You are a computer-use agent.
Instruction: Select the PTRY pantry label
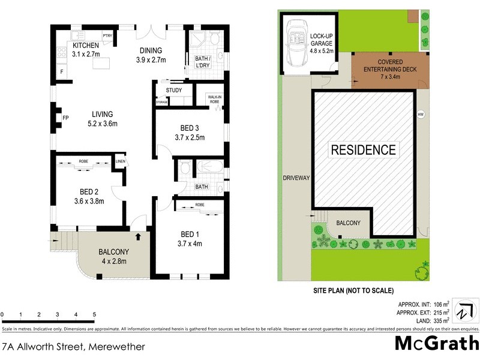[x=108, y=36]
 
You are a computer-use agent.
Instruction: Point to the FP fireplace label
[x=65, y=118]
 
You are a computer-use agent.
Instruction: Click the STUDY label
[x=174, y=91]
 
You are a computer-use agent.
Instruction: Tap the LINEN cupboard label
[x=121, y=161]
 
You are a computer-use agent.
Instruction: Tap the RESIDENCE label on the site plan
[x=364, y=150]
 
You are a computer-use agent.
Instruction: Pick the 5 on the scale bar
[x=94, y=314]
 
